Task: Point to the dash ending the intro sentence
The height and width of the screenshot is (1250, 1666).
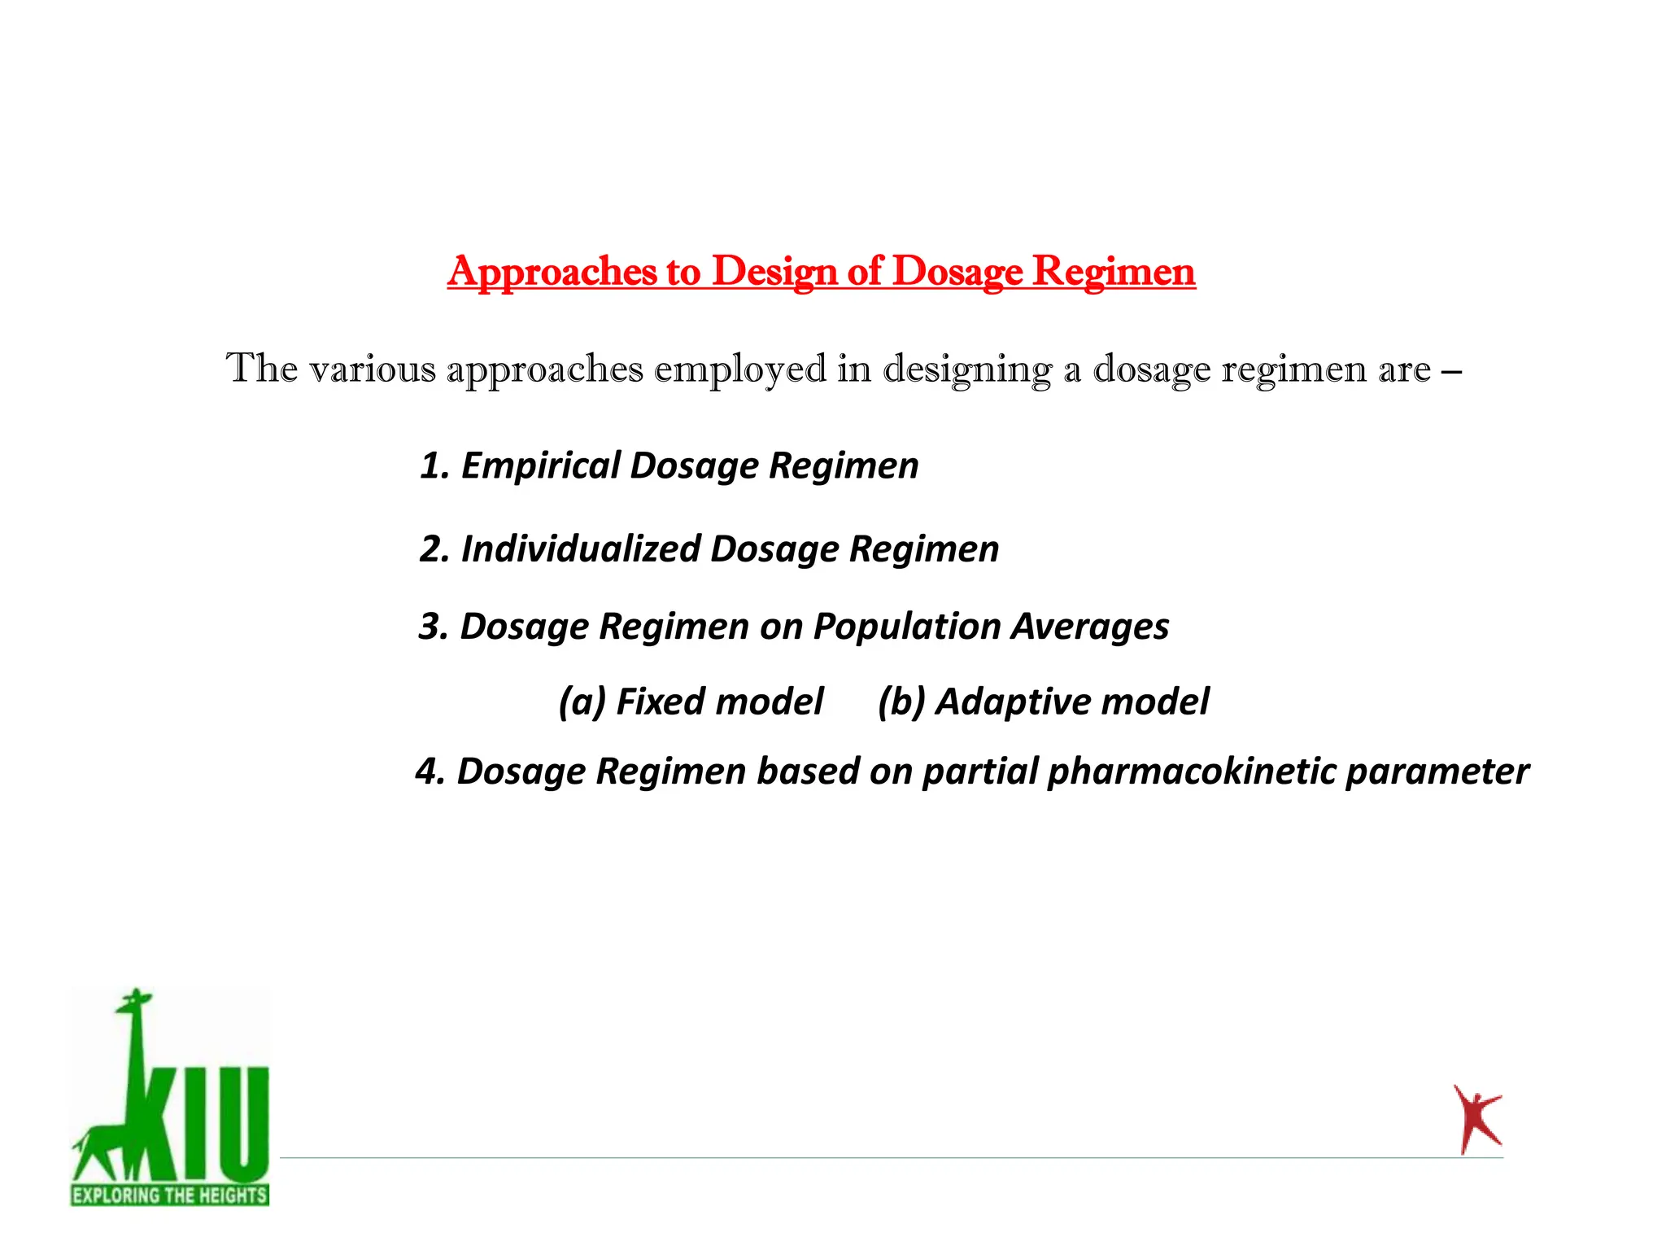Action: pyautogui.click(x=1450, y=370)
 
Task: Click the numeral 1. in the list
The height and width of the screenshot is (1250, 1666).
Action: pyautogui.click(x=434, y=465)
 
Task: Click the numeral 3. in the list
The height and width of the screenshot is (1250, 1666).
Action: pyautogui.click(x=434, y=627)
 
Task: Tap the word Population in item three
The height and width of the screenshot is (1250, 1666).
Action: pyautogui.click(x=907, y=627)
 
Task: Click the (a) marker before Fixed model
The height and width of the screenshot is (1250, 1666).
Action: pyautogui.click(x=582, y=701)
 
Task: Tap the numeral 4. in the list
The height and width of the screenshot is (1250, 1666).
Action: pyautogui.click(x=430, y=771)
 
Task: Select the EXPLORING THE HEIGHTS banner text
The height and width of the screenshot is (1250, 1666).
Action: pyautogui.click(x=169, y=1195)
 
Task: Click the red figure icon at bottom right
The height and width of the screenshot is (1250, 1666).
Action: pyautogui.click(x=1476, y=1120)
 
